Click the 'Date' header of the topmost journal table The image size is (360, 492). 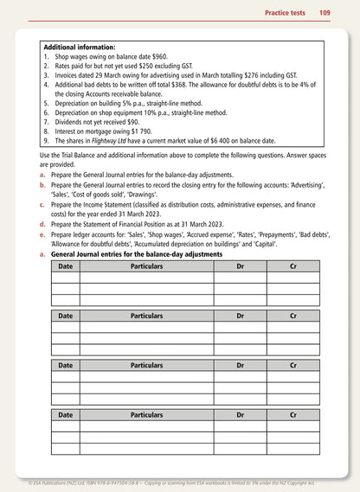(x=65, y=267)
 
